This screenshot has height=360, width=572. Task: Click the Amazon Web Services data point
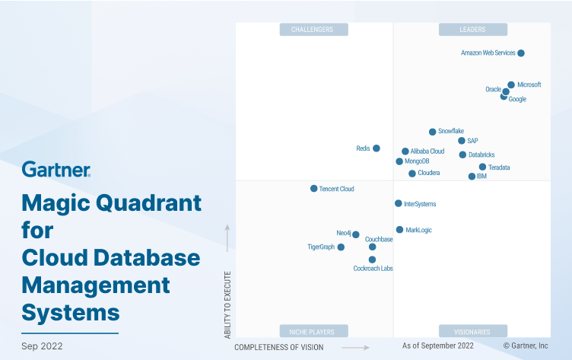coord(521,53)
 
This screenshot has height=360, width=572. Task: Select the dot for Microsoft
coord(511,84)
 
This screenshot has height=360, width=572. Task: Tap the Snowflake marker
coord(433,132)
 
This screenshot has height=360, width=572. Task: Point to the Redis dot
coord(377,148)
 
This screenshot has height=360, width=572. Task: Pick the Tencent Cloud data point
coord(313,188)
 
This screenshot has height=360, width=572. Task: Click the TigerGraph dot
coord(341,247)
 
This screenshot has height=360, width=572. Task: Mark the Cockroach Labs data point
coord(372,260)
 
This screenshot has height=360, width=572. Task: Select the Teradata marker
coord(482,167)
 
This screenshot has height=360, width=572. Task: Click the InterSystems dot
coord(398,203)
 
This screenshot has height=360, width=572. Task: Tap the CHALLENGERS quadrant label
coord(313,30)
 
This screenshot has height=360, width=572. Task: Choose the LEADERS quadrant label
coord(472,30)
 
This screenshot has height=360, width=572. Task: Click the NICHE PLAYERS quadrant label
coord(313,331)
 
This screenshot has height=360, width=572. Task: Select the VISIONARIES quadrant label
coord(472,331)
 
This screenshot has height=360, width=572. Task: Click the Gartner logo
coord(56,169)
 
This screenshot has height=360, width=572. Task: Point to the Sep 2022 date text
coord(42,346)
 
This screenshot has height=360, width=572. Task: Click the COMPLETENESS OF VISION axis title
coord(278,347)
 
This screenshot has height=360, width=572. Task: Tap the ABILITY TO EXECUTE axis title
coord(227,302)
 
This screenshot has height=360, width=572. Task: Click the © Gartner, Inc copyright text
coord(525,346)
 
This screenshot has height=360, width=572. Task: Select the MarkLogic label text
coord(418,230)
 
